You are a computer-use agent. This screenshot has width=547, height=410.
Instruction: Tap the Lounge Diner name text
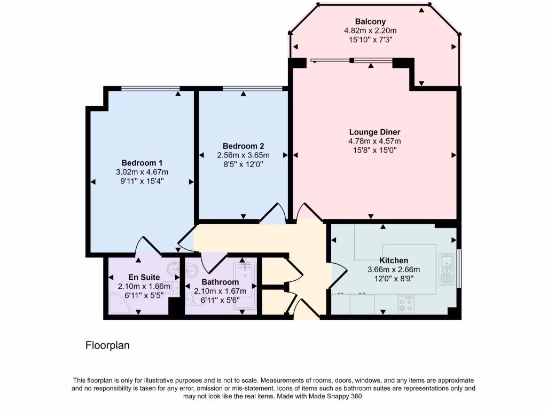(x=374, y=132)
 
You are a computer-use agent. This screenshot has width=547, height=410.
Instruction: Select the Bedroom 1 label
(x=142, y=163)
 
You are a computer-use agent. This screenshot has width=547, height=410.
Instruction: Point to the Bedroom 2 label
(x=243, y=146)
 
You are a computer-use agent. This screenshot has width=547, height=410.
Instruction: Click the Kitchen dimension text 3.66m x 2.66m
(x=394, y=270)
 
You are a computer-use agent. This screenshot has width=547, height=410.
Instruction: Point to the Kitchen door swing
(x=338, y=275)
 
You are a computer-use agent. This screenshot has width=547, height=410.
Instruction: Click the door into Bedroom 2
(x=273, y=213)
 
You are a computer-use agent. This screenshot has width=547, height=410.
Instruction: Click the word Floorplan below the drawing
(x=107, y=345)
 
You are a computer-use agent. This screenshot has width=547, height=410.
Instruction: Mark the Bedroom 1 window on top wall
(x=150, y=88)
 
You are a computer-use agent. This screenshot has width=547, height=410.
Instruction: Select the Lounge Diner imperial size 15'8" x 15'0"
(x=374, y=150)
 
